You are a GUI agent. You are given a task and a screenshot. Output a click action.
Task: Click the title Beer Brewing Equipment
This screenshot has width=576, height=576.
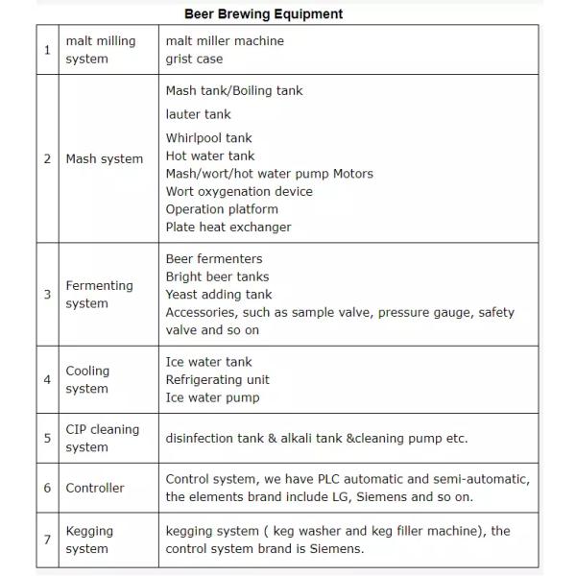263,14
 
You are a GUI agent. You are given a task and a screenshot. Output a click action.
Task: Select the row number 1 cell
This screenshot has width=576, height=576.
47,50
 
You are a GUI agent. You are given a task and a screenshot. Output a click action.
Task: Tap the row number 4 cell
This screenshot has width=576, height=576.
47,380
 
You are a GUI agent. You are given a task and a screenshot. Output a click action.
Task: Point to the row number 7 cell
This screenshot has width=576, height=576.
47,540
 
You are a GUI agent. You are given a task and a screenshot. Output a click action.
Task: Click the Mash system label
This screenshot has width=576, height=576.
104,159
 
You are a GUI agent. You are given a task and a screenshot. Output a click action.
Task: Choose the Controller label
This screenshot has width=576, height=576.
95,488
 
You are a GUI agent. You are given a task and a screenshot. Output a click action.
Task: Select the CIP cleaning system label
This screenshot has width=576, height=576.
102,438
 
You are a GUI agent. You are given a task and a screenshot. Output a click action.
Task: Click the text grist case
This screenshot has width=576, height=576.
194,59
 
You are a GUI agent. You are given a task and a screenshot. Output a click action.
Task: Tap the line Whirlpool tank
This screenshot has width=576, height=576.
208,138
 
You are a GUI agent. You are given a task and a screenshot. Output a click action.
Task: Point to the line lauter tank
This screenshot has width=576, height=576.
198,114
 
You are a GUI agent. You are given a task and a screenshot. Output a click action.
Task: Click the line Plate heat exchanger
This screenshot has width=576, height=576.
228,228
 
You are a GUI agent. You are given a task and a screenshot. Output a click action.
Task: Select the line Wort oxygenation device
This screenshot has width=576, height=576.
239,192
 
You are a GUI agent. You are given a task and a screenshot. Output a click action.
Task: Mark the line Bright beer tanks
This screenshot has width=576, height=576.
217,276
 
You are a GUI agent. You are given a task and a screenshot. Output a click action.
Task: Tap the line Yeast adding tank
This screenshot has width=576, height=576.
218,295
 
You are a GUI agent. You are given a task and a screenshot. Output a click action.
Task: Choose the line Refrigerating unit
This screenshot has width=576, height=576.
217,380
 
